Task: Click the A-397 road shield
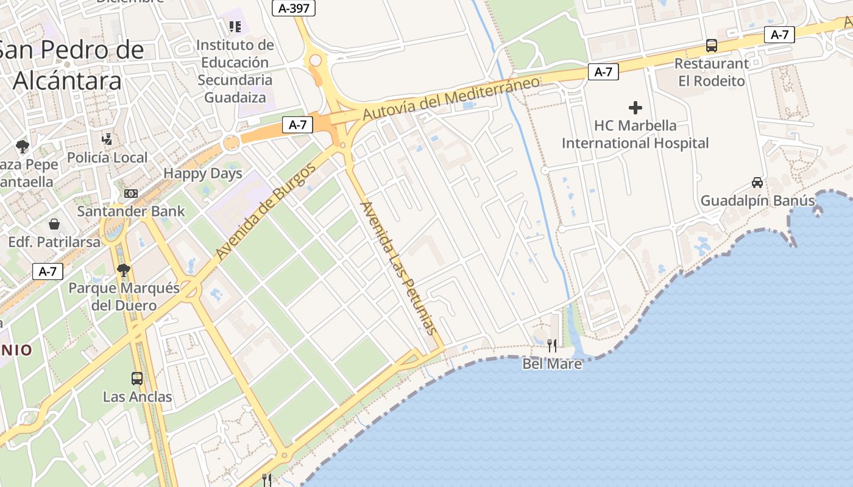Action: pos(293,8)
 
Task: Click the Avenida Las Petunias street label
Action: pos(399,268)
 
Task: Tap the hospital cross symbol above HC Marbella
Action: pos(635,108)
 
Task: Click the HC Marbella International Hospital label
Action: pos(635,135)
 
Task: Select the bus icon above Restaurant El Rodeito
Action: pos(712,45)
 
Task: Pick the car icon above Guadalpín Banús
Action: pos(757,182)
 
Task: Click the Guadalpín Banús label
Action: pos(757,201)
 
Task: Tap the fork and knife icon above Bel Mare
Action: pos(552,346)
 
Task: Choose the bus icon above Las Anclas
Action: pos(137,378)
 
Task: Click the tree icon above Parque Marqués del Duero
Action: pos(124,269)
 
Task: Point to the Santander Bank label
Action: pos(131,212)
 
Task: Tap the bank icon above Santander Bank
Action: pos(131,194)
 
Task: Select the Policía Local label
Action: pos(107,158)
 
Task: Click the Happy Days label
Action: pos(203,173)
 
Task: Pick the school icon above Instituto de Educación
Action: pos(235,26)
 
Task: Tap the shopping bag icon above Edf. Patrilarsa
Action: pos(54,224)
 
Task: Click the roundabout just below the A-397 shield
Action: pos(315,60)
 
